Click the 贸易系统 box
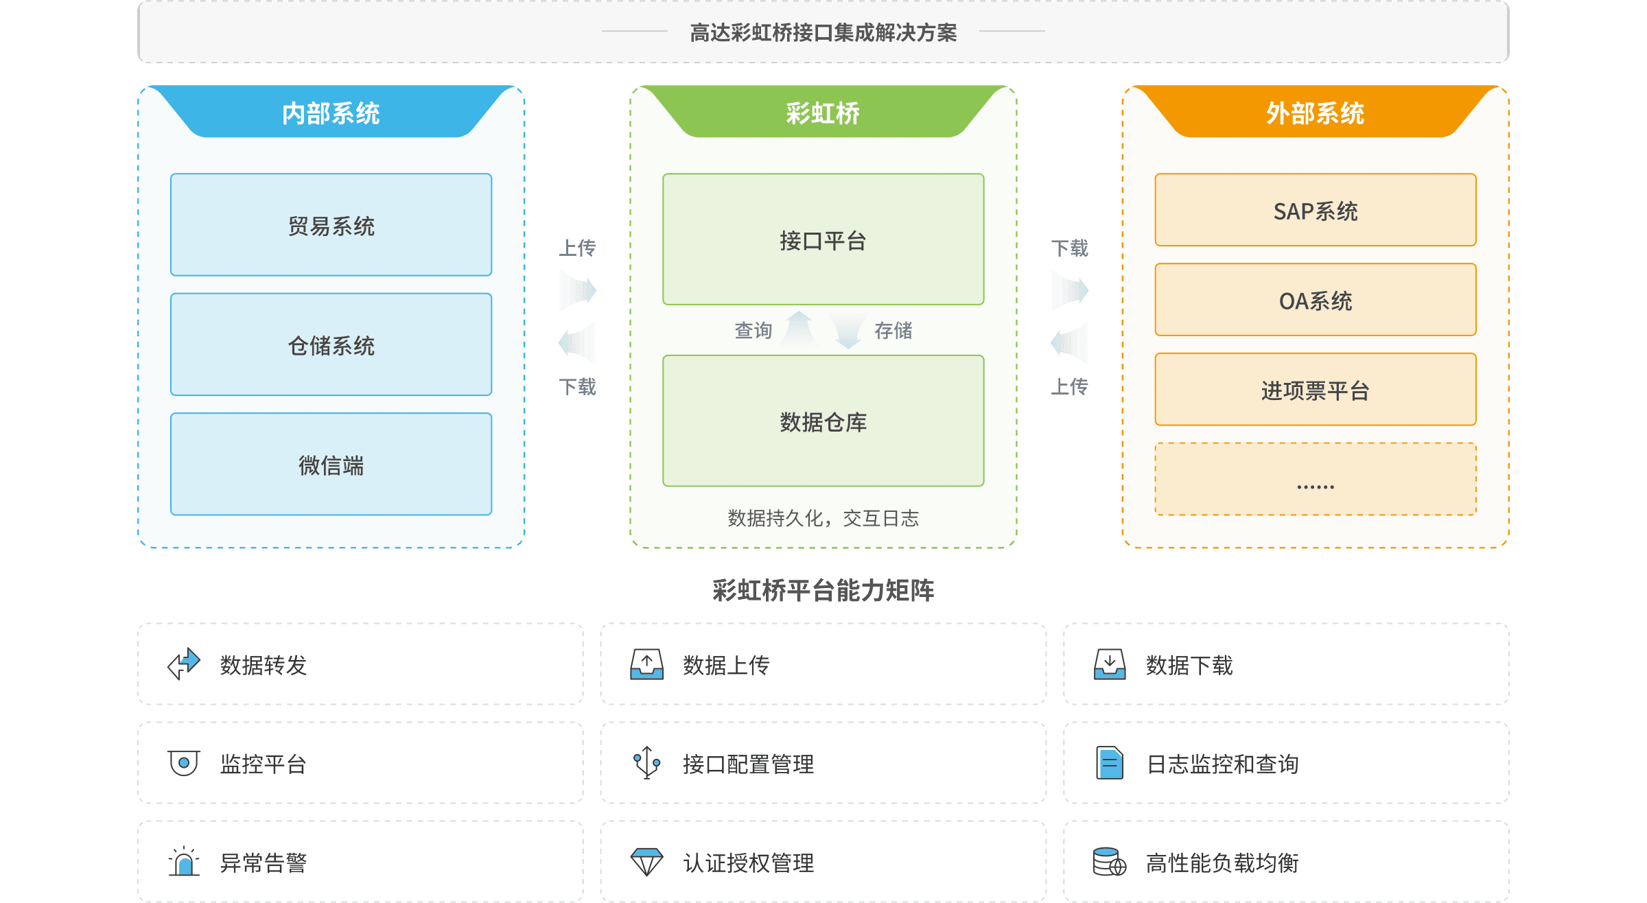[331, 225]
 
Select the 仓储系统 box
[331, 344]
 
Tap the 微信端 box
[331, 465]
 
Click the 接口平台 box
[823, 239]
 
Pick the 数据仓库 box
[823, 421]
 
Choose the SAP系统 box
[1315, 210]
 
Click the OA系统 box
[1315, 300]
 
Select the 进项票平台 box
[1315, 390]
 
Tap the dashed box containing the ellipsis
[1315, 479]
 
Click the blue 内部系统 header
[331, 113]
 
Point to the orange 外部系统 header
[1315, 113]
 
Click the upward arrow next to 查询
[799, 329]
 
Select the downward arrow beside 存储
[848, 331]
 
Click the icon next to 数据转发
[184, 664]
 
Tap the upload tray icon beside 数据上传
[646, 664]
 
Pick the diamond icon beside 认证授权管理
[646, 862]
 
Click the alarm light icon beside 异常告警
[184, 862]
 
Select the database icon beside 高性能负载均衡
[1109, 862]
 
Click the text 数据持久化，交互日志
[823, 518]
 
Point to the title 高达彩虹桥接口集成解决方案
[823, 32]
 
